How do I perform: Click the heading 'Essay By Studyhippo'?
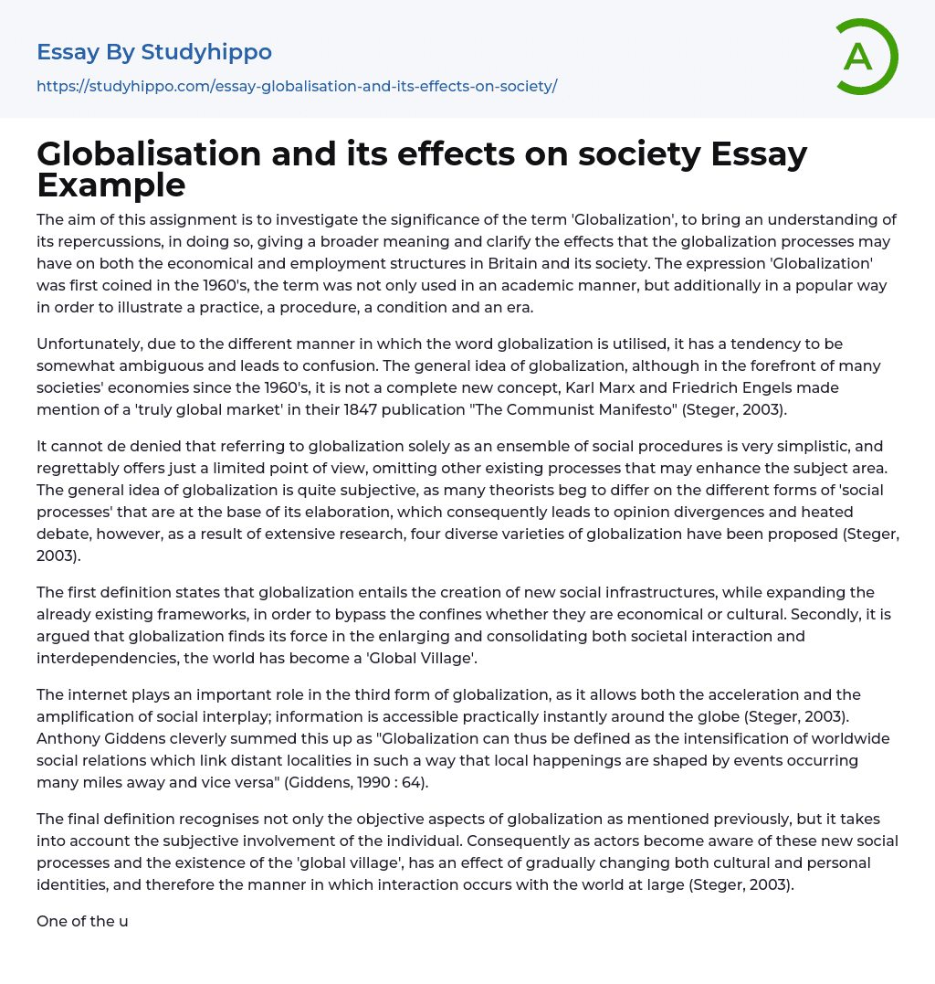154,52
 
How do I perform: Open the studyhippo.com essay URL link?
297,87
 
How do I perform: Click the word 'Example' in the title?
111,185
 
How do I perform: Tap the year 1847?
357,409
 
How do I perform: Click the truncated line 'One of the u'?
82,921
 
